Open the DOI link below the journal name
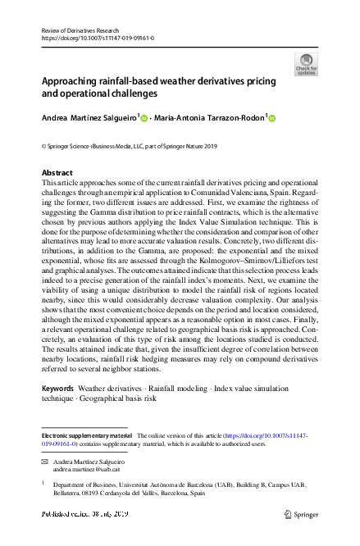click(98, 38)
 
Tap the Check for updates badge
click(306, 65)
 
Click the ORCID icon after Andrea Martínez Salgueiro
click(145, 118)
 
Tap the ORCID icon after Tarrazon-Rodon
click(272, 118)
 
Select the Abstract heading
click(57, 173)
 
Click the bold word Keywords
click(57, 388)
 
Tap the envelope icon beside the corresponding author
click(45, 463)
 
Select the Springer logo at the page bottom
click(300, 514)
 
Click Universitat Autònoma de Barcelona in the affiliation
click(161, 485)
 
